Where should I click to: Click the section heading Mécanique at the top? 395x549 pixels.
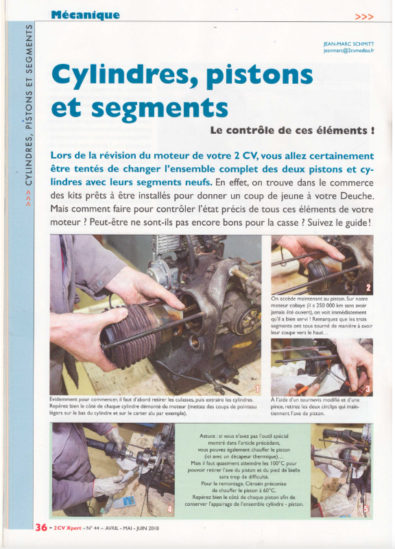(x=85, y=15)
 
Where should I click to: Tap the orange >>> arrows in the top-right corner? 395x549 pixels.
(x=364, y=16)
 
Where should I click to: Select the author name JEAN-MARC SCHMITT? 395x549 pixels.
(x=349, y=44)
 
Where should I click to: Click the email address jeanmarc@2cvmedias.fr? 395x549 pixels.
(x=349, y=51)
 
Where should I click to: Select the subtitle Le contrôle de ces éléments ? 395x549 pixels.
(x=292, y=130)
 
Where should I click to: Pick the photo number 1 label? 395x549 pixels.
(x=257, y=388)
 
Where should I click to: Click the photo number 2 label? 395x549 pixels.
(x=368, y=288)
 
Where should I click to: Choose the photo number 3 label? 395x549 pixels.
(x=368, y=389)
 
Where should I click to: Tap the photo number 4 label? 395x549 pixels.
(x=169, y=509)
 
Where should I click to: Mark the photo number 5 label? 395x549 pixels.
(x=366, y=509)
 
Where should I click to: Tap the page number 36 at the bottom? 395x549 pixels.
(x=41, y=527)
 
